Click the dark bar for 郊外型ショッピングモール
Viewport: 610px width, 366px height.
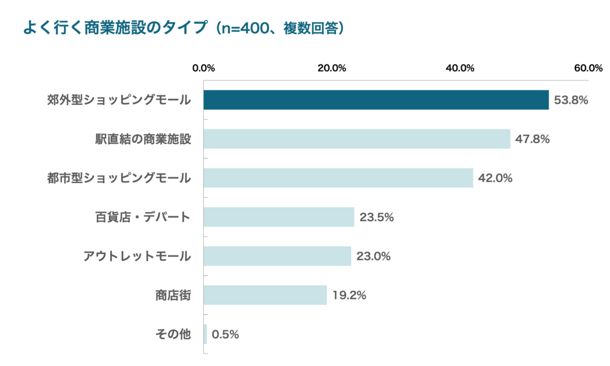pyautogui.click(x=376, y=100)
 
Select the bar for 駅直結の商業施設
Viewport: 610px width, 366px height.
pyautogui.click(x=357, y=139)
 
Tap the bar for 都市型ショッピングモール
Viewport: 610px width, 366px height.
pyautogui.click(x=338, y=178)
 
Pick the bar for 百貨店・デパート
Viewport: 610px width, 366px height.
pyautogui.click(x=279, y=217)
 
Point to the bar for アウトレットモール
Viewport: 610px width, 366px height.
pyautogui.click(x=278, y=256)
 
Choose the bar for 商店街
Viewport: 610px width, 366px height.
pyautogui.click(x=265, y=295)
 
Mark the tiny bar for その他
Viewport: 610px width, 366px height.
pyautogui.click(x=206, y=334)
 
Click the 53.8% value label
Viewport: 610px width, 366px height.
pyautogui.click(x=571, y=100)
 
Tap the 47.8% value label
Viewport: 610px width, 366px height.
pyautogui.click(x=533, y=139)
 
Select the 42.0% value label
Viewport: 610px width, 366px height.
pyautogui.click(x=496, y=178)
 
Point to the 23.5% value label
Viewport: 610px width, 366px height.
pyautogui.click(x=376, y=218)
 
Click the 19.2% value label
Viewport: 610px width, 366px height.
pyautogui.click(x=349, y=295)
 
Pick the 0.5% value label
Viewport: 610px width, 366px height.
pyautogui.click(x=225, y=334)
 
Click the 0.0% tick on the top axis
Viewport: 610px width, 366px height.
pyautogui.click(x=204, y=67)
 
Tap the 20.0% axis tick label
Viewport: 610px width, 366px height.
pyautogui.click(x=332, y=67)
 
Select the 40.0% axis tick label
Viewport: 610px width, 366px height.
pyautogui.click(x=460, y=67)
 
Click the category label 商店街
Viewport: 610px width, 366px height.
pyautogui.click(x=173, y=295)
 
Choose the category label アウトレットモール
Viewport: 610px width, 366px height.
pyautogui.click(x=137, y=256)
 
